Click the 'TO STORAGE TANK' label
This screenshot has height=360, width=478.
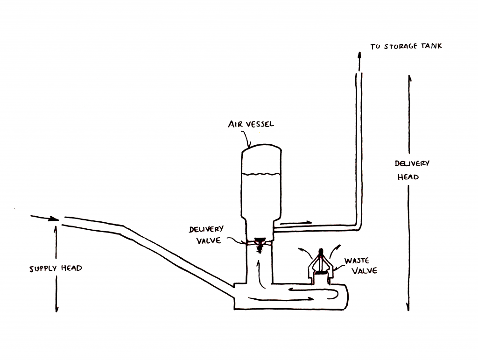click(406, 46)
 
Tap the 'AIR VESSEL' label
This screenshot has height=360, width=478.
click(251, 124)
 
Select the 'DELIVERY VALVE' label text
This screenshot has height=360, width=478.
click(206, 235)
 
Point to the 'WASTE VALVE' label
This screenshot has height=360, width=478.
click(361, 266)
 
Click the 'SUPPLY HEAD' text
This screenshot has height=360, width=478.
click(56, 268)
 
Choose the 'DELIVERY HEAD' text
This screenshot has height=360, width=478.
click(412, 170)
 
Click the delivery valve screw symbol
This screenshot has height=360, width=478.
click(260, 245)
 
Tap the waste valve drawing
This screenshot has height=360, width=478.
click(320, 266)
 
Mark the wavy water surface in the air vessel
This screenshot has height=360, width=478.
click(261, 174)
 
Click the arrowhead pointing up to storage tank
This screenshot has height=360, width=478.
click(360, 56)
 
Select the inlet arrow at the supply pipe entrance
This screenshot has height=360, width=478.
click(44, 218)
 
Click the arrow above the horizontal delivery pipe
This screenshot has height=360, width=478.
click(295, 223)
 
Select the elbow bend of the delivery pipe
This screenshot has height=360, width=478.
click(358, 227)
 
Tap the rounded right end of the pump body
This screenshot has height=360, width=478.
click(347, 297)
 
